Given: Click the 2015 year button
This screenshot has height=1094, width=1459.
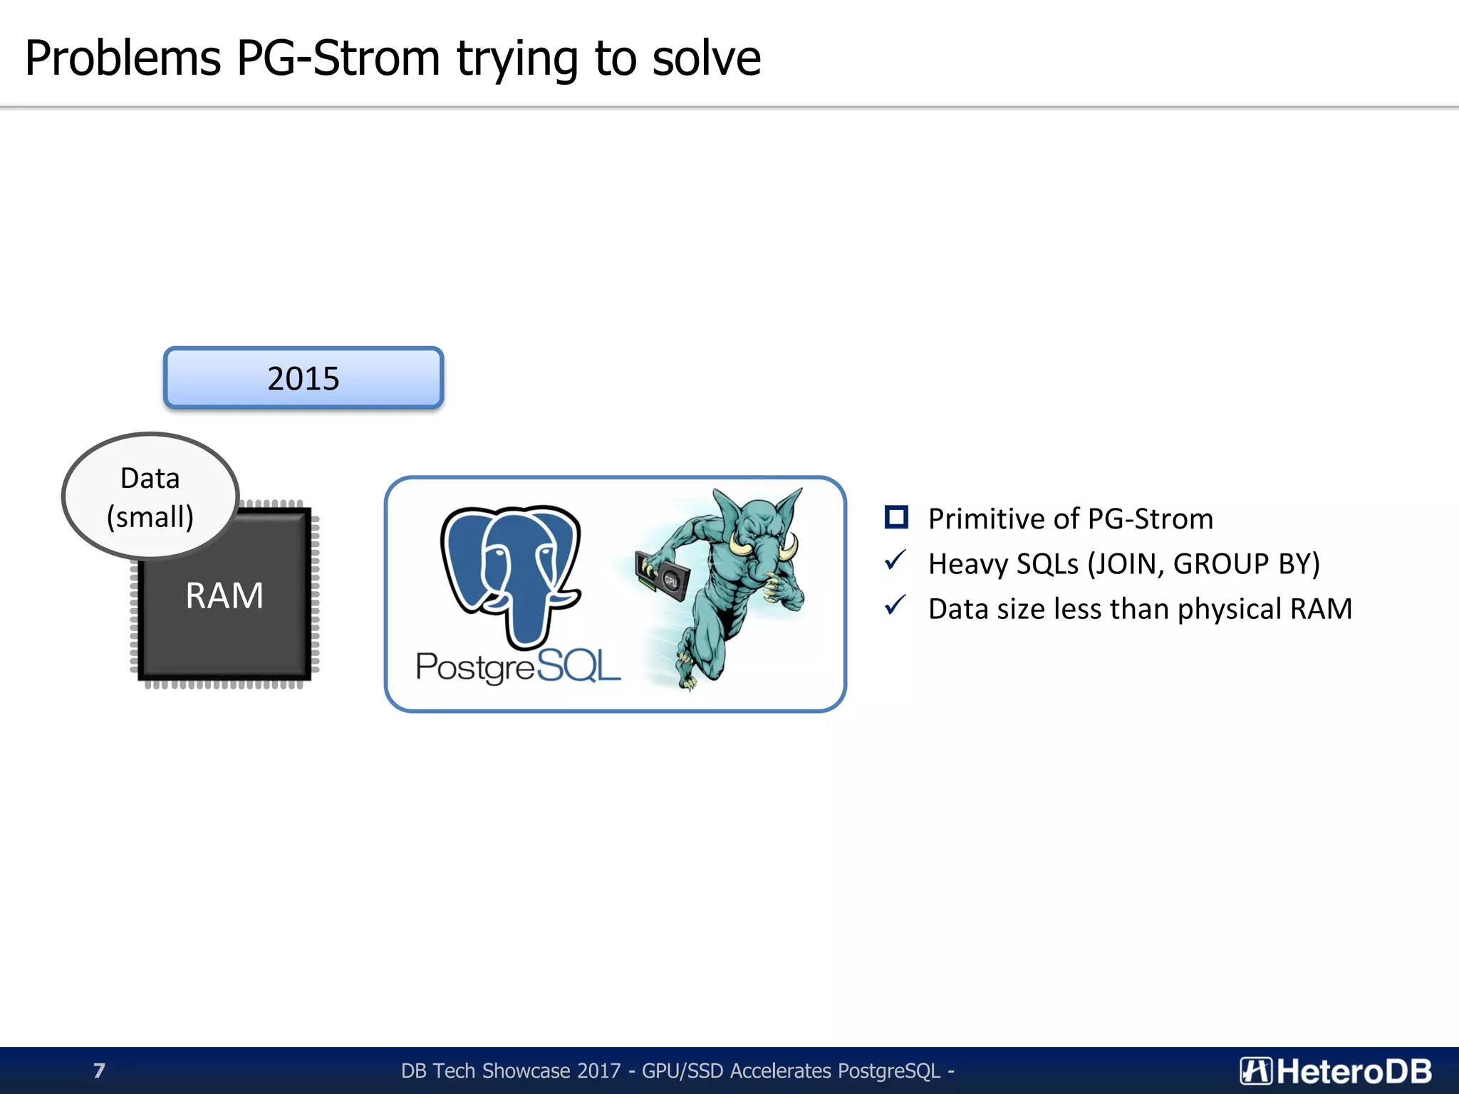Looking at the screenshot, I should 303,378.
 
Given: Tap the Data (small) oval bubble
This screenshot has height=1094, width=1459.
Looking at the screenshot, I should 150,496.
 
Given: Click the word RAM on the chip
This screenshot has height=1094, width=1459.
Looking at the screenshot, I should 224,595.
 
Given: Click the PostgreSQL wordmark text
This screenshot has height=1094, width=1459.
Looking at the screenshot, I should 518,667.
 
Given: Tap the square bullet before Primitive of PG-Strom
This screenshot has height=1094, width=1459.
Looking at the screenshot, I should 896,518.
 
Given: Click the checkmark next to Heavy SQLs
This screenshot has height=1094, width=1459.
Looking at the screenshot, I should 895,561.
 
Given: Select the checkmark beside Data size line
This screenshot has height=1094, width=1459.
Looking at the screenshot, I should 895,606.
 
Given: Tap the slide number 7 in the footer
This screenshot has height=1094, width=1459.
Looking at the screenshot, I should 99,1070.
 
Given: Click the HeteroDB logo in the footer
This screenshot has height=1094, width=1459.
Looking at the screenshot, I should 1335,1070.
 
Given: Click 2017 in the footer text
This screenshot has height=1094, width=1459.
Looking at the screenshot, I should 599,1070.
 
